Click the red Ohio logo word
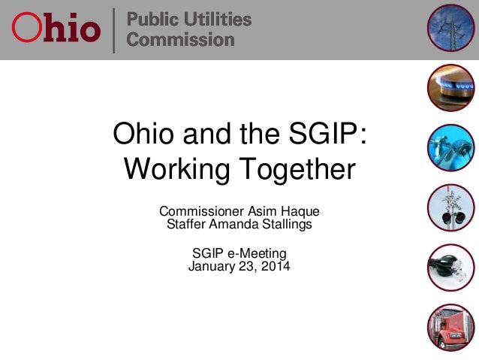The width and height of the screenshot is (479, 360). (56, 29)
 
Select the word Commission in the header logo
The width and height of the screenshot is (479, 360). (180, 40)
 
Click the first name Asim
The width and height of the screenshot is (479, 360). (267, 209)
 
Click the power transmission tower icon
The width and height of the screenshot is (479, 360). (451, 28)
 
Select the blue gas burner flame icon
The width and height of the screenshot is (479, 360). (451, 88)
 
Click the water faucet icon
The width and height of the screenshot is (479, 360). (451, 148)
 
